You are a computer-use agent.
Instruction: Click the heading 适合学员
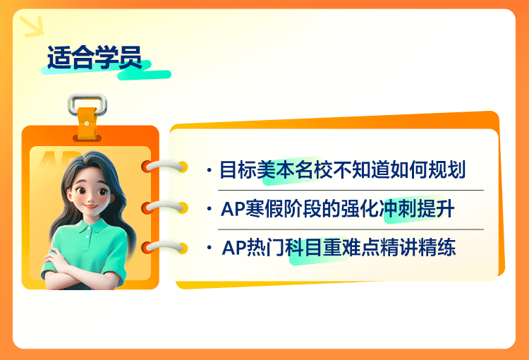tap(95, 57)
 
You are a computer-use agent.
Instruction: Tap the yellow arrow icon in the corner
tap(32, 26)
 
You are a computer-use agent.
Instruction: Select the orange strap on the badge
tap(87, 124)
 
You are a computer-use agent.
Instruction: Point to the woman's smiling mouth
tap(90, 205)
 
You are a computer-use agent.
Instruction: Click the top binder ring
tap(164, 166)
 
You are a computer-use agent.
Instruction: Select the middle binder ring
tap(164, 207)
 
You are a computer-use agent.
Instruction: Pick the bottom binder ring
tap(164, 248)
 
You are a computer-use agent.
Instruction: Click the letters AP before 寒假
tap(233, 209)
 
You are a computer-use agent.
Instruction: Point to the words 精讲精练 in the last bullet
tap(418, 248)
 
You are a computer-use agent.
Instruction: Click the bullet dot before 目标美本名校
tap(209, 170)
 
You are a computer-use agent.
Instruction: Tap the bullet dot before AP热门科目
tap(209, 248)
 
